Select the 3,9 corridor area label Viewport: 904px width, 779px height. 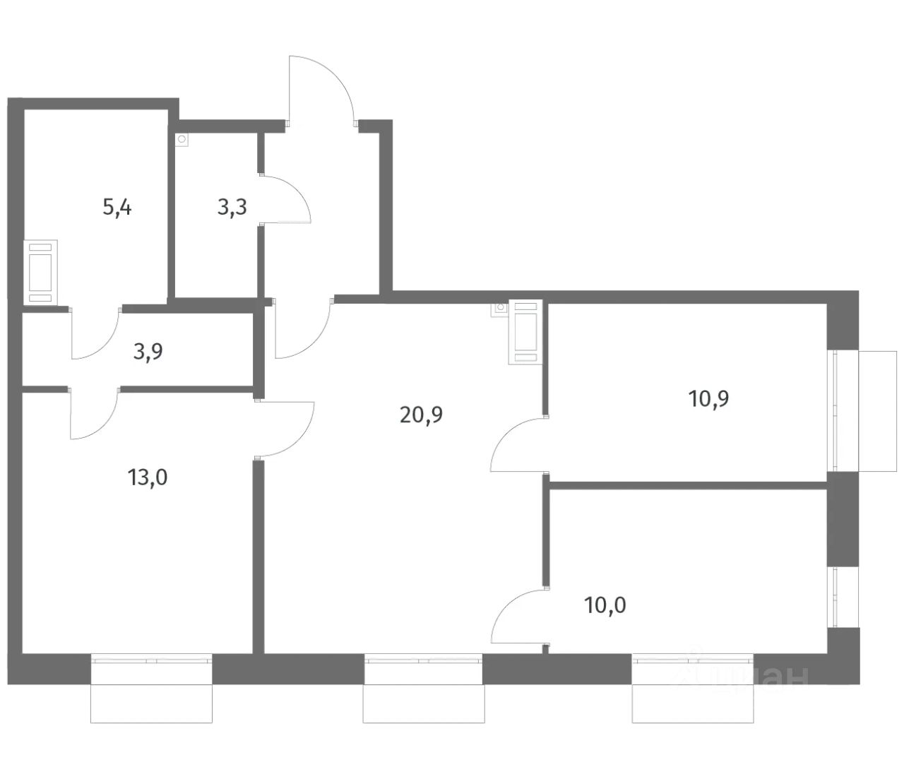coord(148,351)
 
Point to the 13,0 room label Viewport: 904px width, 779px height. coord(148,477)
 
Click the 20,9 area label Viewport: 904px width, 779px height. coord(421,415)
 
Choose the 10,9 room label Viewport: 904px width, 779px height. coord(708,399)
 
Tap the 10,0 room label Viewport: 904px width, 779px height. coord(605,605)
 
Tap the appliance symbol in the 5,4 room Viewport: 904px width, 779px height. coord(40,272)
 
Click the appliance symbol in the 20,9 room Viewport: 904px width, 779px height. coord(525,332)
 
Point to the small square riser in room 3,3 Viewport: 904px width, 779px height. coord(182,140)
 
